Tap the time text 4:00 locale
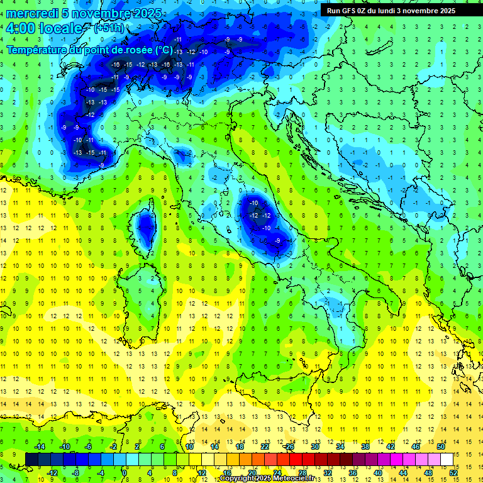click(44, 29)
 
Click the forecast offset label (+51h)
click(109, 28)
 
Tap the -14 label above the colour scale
click(40, 446)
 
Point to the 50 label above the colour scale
click(440, 446)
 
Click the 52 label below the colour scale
click(453, 473)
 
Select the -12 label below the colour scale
click(52, 473)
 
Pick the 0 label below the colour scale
click(125, 473)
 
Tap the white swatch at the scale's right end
click(447, 459)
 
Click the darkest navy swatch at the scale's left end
click(31, 459)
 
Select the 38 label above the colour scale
click(365, 446)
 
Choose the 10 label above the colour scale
click(189, 446)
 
